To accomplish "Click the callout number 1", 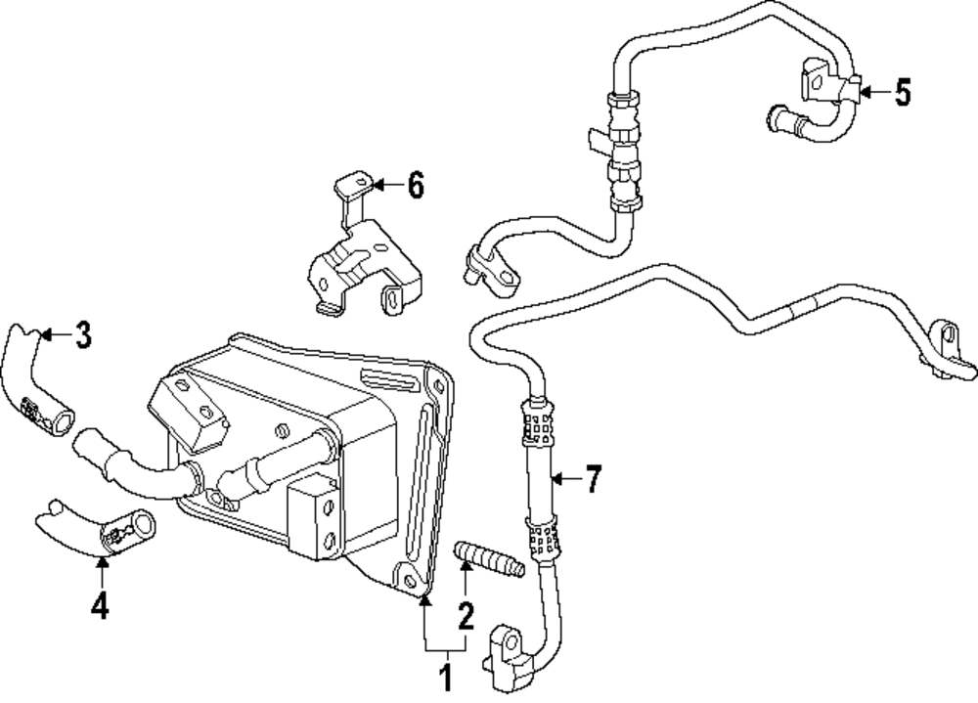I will (x=446, y=677).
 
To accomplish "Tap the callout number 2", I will (x=465, y=616).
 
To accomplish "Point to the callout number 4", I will (x=99, y=606).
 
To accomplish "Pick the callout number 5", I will (x=902, y=93).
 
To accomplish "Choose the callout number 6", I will (x=416, y=185).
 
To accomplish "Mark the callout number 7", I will (x=594, y=479).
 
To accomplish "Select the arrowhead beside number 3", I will (x=44, y=335).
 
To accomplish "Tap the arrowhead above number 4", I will (x=102, y=562).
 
